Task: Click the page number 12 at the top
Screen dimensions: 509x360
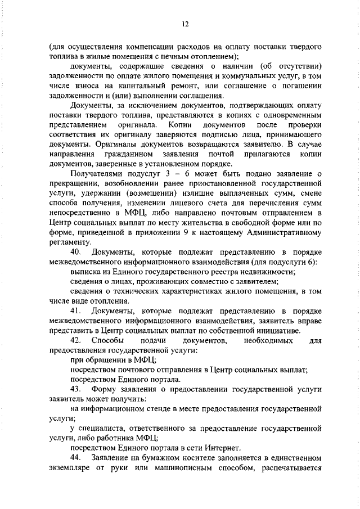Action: [184, 24]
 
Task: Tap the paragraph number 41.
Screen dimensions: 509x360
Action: [75, 310]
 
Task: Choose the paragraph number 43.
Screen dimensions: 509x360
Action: [75, 389]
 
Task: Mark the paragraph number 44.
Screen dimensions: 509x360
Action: [75, 458]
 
